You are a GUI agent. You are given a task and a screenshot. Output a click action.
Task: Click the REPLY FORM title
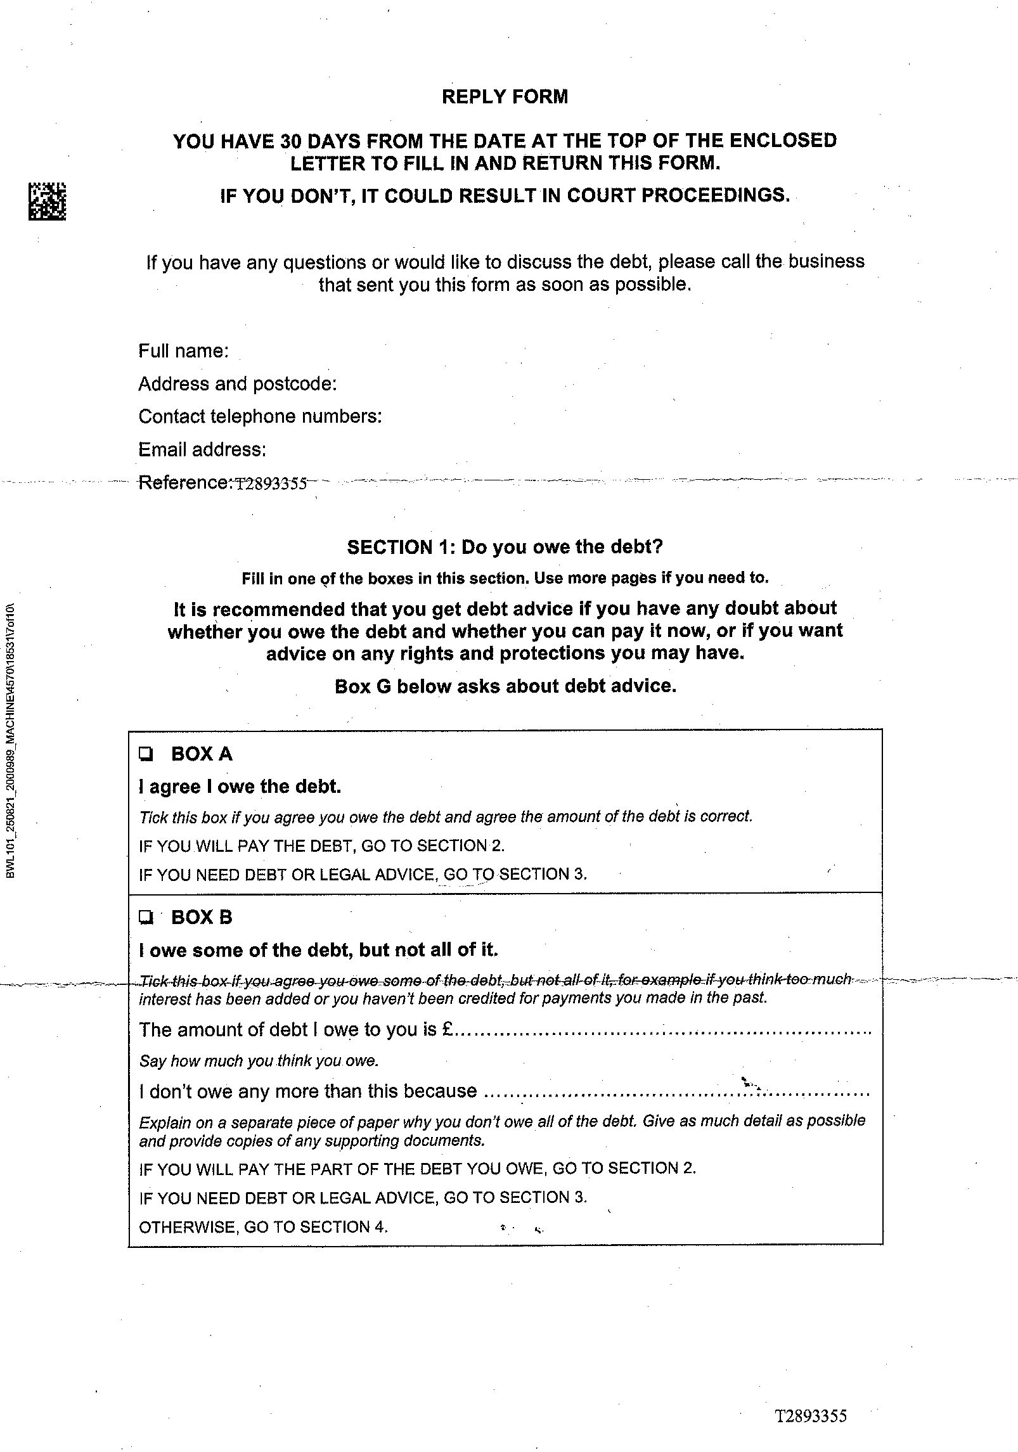[x=505, y=97]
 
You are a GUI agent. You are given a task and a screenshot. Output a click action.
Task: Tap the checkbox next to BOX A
[x=146, y=754]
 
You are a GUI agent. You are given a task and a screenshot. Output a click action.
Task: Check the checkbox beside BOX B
[x=146, y=917]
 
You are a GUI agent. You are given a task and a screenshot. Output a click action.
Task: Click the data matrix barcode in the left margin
[x=47, y=202]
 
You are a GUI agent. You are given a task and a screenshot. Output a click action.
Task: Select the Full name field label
[x=183, y=351]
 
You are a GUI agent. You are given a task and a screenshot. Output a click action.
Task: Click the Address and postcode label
[x=237, y=384]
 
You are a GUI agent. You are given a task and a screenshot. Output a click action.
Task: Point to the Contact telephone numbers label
[x=260, y=417]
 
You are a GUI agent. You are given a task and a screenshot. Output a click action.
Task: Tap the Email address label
[x=202, y=450]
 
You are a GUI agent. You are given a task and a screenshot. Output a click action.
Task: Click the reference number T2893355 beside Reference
[x=271, y=484]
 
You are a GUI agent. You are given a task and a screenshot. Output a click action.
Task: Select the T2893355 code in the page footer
[x=811, y=1416]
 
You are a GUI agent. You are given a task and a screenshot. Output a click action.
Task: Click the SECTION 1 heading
[x=505, y=547]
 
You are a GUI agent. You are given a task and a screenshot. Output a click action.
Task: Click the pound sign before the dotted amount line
[x=447, y=1030]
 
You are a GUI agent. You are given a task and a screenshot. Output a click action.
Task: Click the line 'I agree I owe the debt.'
[x=240, y=787]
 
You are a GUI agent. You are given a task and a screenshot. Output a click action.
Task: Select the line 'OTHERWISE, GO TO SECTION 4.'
[x=263, y=1227]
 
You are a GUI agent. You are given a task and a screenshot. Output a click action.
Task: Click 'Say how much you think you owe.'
[x=259, y=1061]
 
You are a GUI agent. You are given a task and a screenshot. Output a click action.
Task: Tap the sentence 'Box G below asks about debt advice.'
[x=505, y=686]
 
